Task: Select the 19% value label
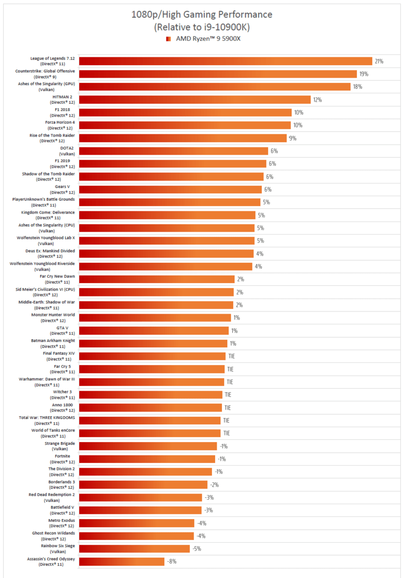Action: point(364,74)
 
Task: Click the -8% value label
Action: point(171,561)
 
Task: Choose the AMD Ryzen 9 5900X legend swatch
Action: point(169,39)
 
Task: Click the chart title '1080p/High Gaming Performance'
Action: point(202,14)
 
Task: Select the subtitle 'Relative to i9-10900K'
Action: point(202,26)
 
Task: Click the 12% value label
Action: point(317,100)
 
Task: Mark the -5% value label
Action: point(197,549)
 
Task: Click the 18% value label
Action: point(357,87)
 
